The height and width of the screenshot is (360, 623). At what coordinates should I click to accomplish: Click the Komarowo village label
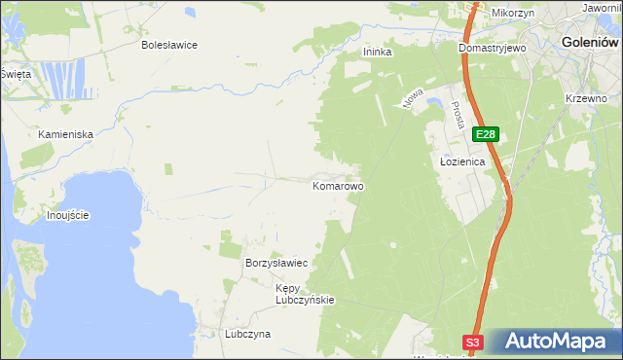tap(338, 185)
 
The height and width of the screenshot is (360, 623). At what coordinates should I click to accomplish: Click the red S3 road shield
tap(472, 342)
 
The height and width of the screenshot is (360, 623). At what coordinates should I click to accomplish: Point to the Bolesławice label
tap(169, 45)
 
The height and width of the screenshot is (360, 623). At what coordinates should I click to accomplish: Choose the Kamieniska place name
tap(65, 133)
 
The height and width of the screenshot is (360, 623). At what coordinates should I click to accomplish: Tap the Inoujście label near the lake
tap(68, 215)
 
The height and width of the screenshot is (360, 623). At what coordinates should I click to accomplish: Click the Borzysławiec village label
tap(276, 264)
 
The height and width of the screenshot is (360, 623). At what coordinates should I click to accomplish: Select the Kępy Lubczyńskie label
tap(305, 294)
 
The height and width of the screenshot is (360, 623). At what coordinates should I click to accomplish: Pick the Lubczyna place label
tap(247, 334)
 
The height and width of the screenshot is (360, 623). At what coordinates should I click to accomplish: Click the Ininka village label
tap(377, 53)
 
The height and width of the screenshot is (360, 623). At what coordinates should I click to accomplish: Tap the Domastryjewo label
tap(493, 47)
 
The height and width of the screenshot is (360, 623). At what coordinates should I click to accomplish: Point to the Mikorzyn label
tap(513, 13)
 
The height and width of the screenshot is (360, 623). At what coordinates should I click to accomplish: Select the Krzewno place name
tap(586, 98)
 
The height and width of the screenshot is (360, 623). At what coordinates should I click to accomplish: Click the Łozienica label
tap(457, 163)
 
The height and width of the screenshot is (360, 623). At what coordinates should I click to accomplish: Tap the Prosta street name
tap(456, 117)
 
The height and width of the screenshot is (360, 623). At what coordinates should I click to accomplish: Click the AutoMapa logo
tap(554, 342)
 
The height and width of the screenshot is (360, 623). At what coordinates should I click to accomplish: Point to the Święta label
tap(16, 74)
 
